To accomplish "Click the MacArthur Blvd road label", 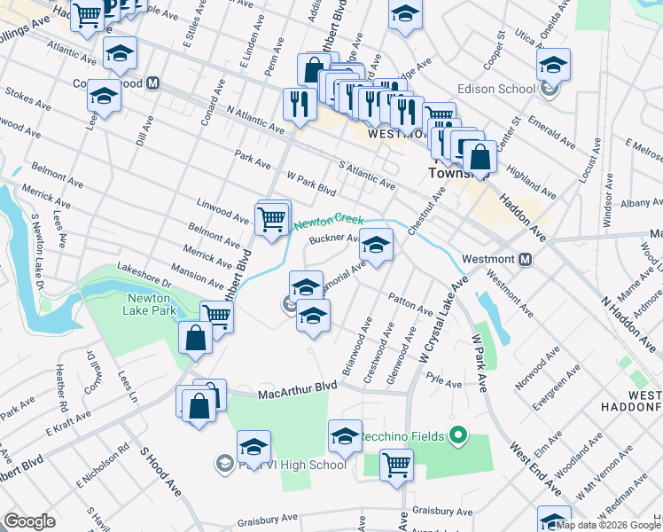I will tap(299, 388).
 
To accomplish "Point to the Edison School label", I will tap(496, 89).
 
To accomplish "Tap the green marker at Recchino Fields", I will tap(457, 435).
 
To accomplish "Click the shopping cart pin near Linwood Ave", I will tap(270, 217).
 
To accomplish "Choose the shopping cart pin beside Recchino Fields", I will tap(396, 464).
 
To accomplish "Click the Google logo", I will tap(29, 521).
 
